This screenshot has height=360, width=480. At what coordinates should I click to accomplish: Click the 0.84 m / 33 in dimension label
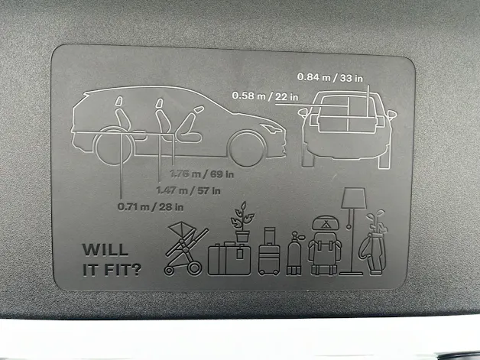(x=329, y=78)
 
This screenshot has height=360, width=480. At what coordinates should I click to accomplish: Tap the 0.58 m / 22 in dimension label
(x=264, y=96)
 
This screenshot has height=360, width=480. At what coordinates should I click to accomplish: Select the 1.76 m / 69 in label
(x=202, y=174)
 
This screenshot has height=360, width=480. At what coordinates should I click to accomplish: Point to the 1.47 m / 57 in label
(x=188, y=191)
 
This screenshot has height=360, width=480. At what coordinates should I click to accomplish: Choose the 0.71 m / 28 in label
(x=151, y=207)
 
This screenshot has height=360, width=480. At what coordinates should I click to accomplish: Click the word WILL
(x=105, y=250)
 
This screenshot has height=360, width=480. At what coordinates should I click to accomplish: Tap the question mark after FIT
(x=136, y=270)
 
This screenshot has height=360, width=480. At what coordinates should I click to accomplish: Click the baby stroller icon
(x=185, y=248)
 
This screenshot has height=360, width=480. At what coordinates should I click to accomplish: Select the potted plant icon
(x=243, y=222)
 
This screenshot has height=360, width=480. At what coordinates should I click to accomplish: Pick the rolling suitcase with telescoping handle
(x=269, y=251)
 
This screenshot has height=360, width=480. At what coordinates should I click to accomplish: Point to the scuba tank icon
(x=294, y=253)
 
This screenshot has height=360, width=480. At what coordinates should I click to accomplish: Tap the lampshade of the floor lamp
(x=354, y=199)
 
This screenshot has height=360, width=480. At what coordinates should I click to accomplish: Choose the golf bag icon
(x=374, y=243)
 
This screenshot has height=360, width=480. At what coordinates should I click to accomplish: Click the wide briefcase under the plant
(x=229, y=259)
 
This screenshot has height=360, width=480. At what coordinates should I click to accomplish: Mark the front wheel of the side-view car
(x=248, y=148)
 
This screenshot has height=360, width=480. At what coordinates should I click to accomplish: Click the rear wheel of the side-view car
(x=114, y=146)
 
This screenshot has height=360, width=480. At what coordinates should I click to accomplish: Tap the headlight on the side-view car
(x=271, y=128)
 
